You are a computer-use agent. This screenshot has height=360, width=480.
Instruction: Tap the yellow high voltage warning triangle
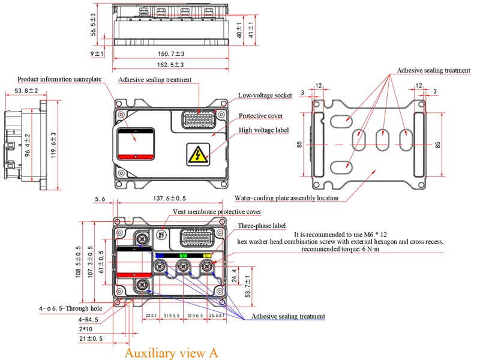coord(197,154)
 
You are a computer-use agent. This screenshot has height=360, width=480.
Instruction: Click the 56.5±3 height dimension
coord(93,23)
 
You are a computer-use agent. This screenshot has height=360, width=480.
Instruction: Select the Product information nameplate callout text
coord(59,79)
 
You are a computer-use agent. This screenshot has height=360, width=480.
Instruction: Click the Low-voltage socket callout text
coord(265,95)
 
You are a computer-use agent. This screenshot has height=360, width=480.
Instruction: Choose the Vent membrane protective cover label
coord(217,212)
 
